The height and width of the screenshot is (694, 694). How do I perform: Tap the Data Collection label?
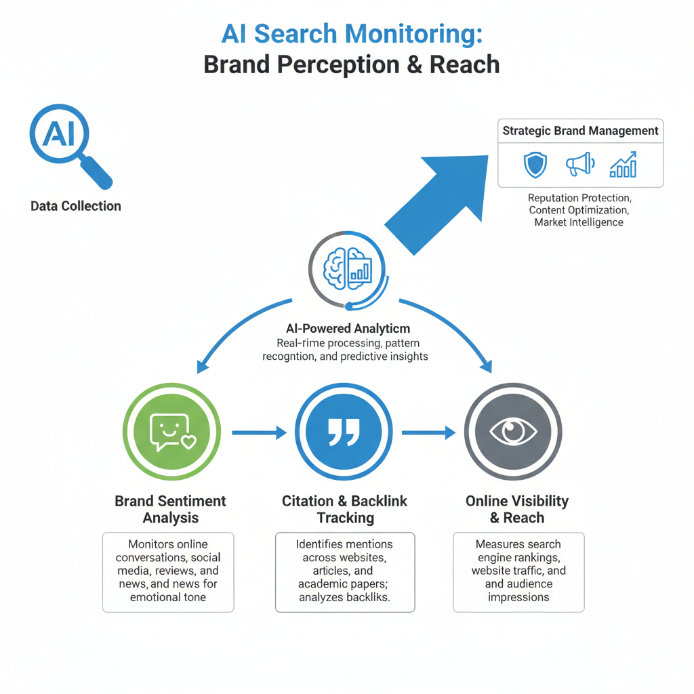tap(76, 206)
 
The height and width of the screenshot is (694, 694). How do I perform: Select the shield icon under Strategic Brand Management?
tap(535, 165)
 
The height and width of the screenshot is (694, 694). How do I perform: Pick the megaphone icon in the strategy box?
tap(579, 164)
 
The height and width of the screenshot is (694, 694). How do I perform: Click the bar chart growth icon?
tap(623, 165)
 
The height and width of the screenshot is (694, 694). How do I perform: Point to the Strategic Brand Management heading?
tap(580, 131)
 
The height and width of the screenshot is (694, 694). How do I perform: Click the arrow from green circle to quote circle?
tap(259, 432)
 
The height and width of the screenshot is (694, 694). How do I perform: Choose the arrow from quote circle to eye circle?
tap(428, 432)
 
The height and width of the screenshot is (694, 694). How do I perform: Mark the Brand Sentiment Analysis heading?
tap(170, 510)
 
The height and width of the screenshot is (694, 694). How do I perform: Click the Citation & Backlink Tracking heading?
tap(345, 510)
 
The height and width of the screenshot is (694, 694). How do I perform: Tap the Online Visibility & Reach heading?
tap(517, 510)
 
